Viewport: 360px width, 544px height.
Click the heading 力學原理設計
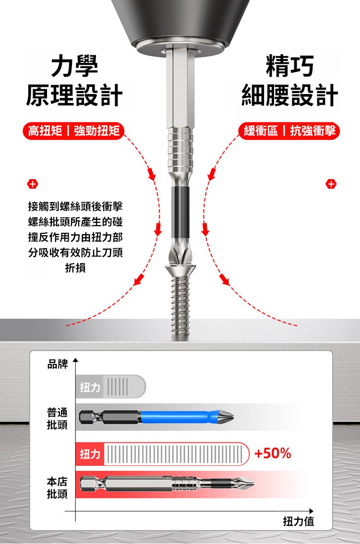[74, 81]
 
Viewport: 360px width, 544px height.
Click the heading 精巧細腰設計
[289, 81]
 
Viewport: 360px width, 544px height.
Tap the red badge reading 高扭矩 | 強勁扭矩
[73, 131]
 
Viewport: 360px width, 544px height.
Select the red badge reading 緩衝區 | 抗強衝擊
[289, 131]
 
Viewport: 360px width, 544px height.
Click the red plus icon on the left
[33, 184]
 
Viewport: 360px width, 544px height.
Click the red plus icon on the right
[331, 184]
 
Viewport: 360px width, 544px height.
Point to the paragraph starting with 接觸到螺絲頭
[75, 237]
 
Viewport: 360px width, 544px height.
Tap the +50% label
[273, 453]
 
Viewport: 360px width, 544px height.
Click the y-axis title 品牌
[57, 364]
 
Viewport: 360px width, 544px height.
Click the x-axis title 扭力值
[299, 521]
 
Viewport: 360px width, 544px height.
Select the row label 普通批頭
[57, 418]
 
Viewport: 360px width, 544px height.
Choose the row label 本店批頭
[57, 487]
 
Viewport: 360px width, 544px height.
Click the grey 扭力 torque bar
[110, 387]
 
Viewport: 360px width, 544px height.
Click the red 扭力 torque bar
[162, 454]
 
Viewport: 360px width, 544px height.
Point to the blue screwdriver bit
[156, 417]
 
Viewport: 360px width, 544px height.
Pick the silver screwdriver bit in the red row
[167, 484]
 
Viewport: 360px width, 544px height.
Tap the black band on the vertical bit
[180, 212]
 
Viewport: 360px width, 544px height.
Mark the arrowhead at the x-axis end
[312, 511]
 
